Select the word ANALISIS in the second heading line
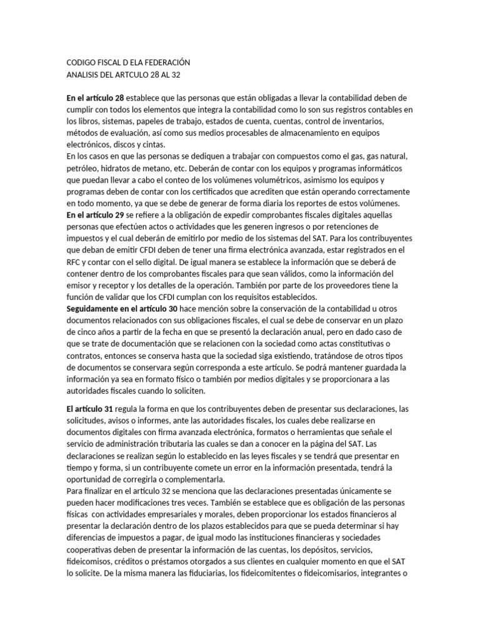click(x=84, y=75)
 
